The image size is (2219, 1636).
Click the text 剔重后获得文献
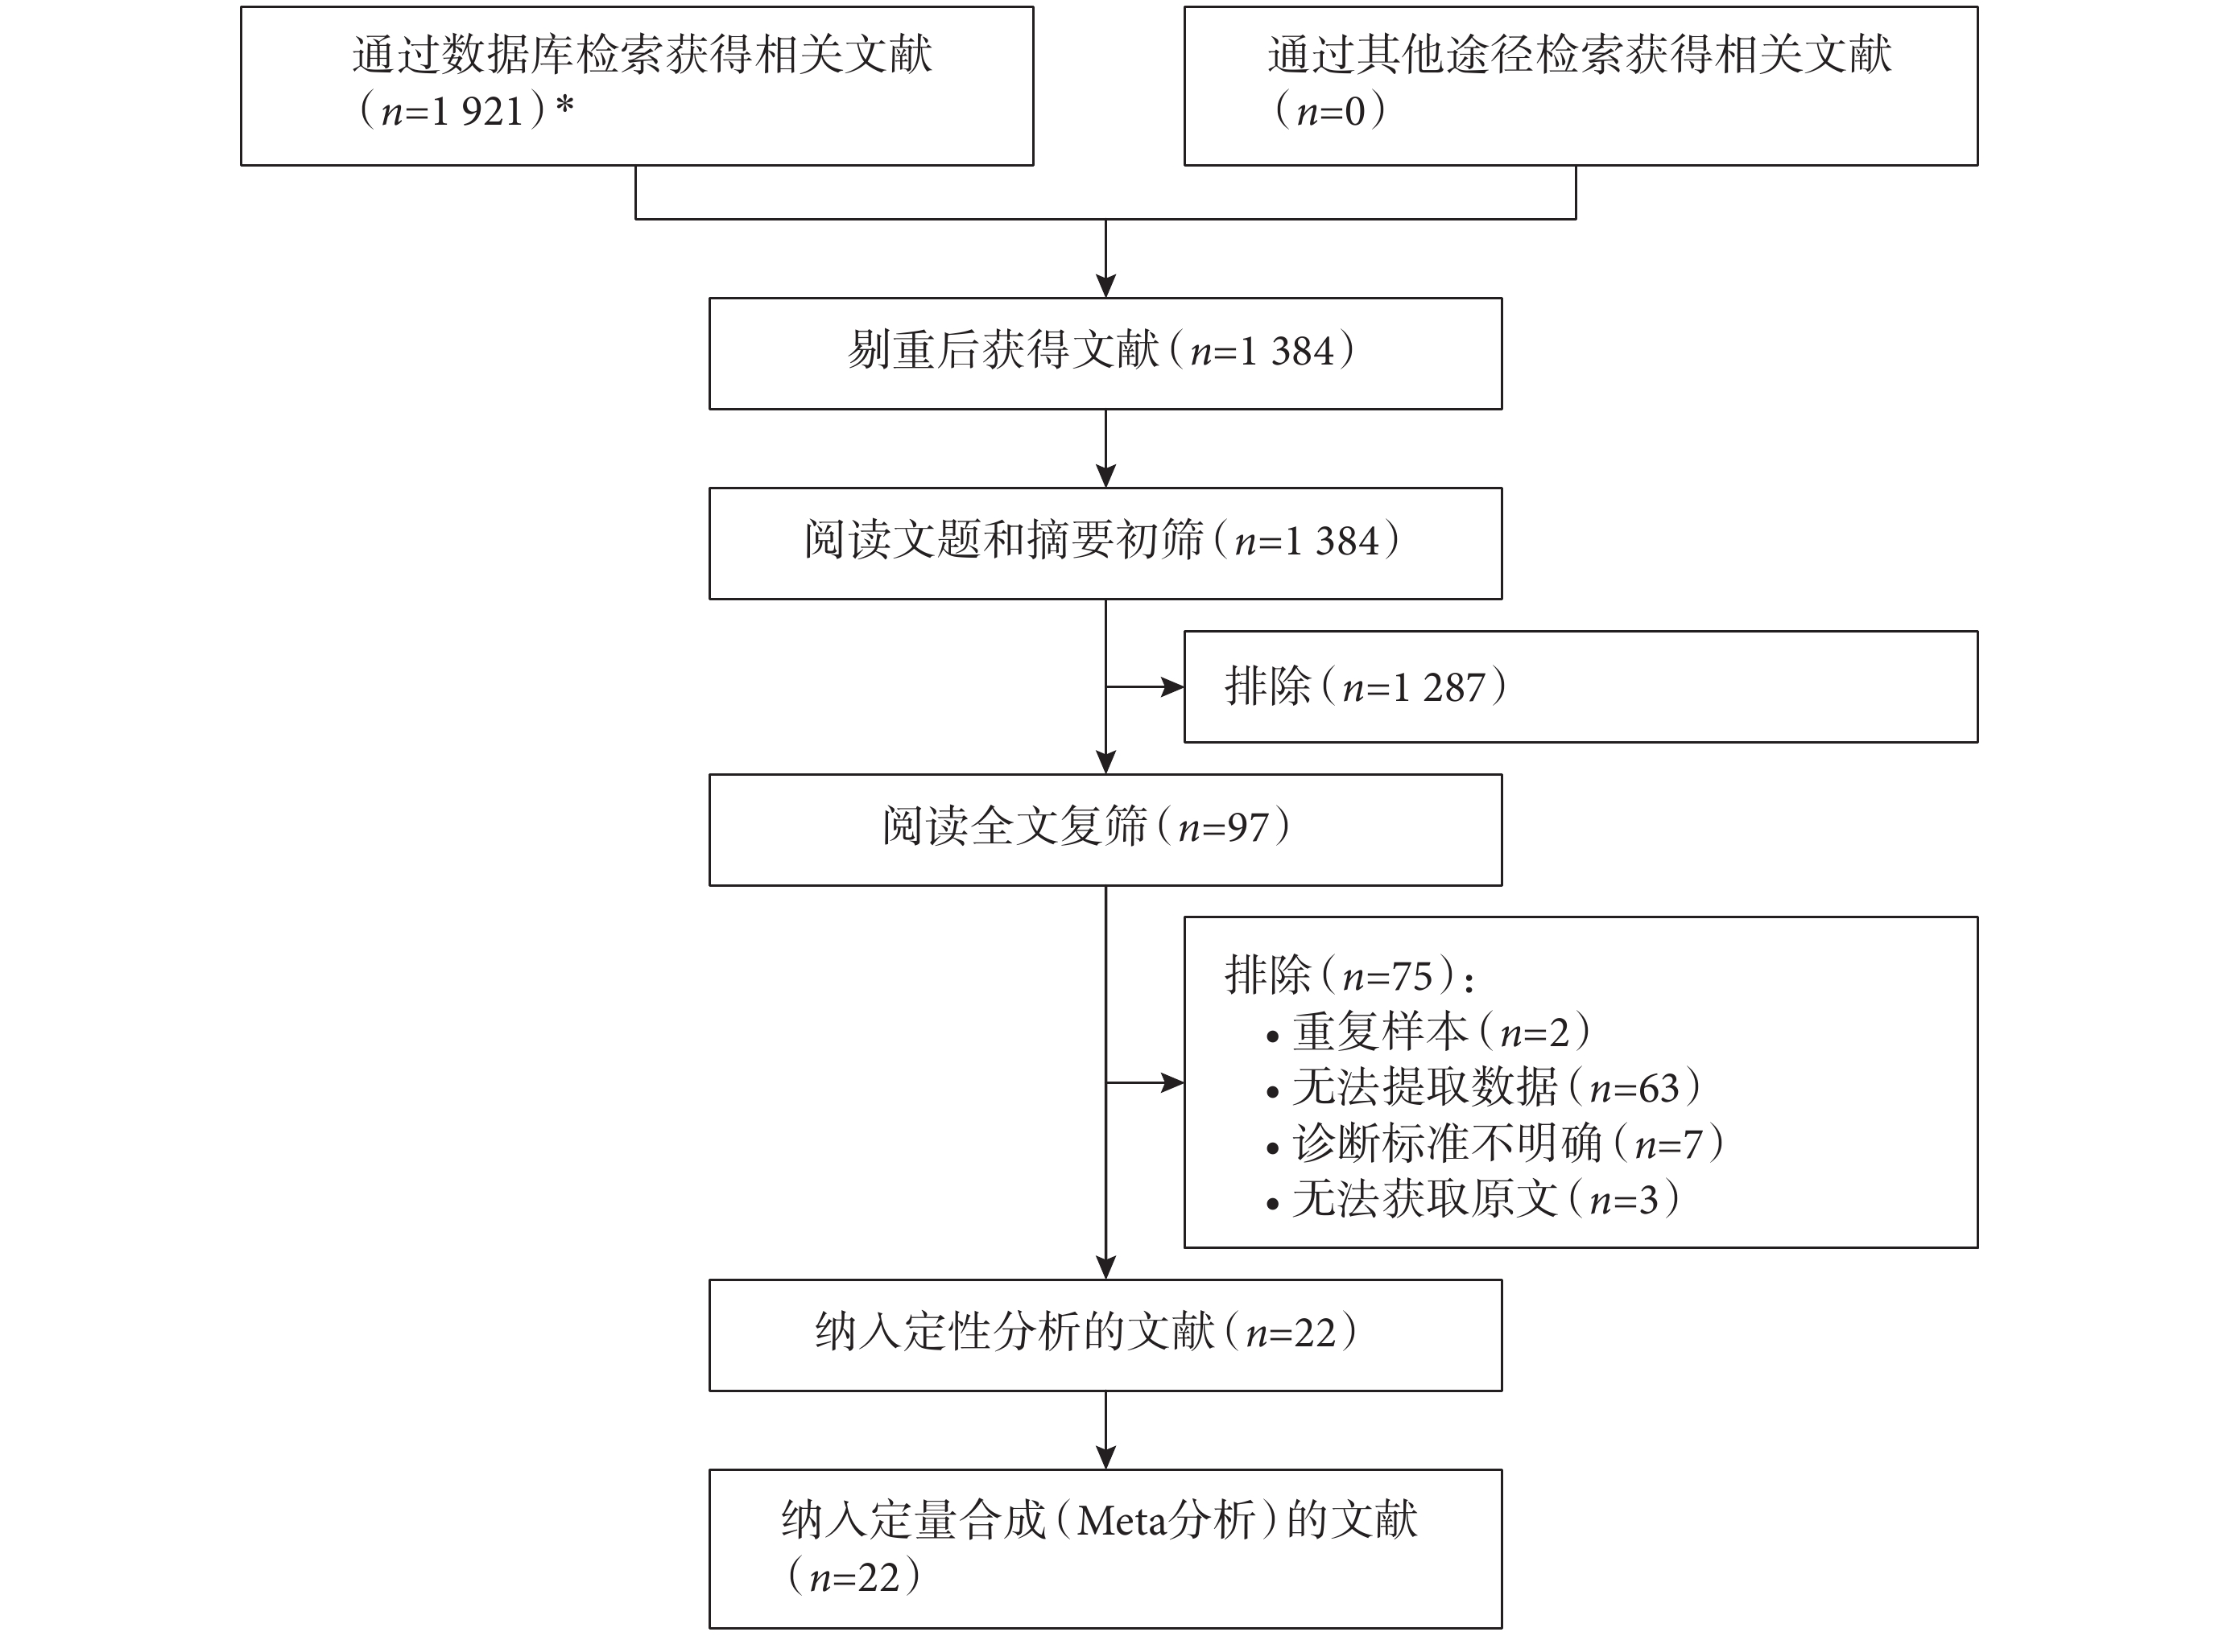1003,352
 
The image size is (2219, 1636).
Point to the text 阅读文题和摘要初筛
1003,542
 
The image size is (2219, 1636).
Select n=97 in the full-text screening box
1223,828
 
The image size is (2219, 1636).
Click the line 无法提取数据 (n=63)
1497,1088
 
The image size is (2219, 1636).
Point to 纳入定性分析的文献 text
1014,1333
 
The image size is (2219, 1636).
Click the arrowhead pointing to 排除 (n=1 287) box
1173,686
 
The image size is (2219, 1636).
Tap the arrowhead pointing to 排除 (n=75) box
1173,1083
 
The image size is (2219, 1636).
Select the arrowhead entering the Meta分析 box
1105,1457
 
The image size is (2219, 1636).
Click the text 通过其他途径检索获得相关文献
1580,56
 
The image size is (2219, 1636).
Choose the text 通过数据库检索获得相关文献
642,56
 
